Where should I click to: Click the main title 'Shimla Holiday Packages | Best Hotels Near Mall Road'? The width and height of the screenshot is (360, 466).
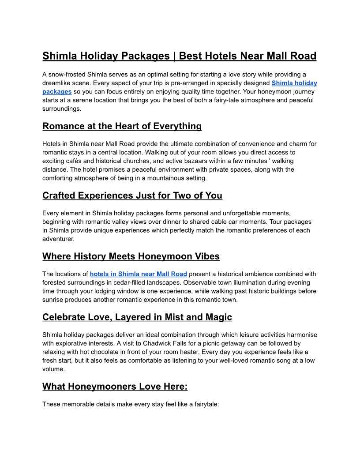click(x=179, y=56)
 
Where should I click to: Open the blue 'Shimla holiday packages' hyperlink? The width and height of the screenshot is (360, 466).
click(x=294, y=83)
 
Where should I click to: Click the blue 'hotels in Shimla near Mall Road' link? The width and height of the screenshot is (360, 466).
click(x=138, y=274)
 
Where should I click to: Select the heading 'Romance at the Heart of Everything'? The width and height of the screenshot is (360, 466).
click(x=122, y=126)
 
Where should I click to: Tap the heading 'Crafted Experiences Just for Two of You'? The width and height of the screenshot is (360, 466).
click(x=132, y=195)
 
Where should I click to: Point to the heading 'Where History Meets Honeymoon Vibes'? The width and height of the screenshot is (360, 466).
click(x=131, y=256)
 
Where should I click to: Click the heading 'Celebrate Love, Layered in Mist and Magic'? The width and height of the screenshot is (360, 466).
click(x=137, y=317)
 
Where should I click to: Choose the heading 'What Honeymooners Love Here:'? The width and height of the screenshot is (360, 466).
click(x=115, y=387)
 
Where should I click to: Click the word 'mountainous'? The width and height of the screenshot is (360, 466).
click(x=170, y=178)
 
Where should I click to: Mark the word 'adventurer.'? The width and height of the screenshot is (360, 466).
click(x=59, y=239)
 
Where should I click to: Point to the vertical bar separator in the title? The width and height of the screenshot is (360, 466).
click(x=175, y=56)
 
